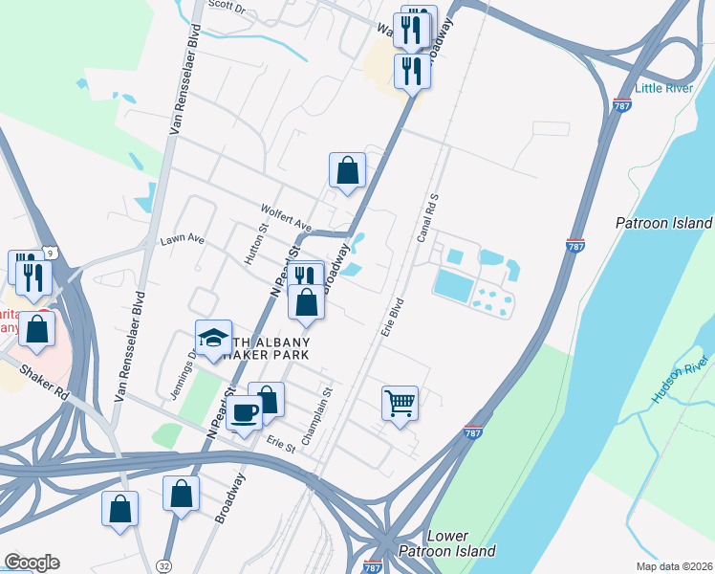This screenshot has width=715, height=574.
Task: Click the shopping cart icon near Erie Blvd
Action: (400, 402)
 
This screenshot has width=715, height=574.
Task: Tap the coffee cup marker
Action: (246, 412)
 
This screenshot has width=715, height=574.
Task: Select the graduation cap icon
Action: (213, 337)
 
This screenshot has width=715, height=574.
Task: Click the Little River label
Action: (664, 88)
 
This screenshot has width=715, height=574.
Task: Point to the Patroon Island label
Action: (664, 223)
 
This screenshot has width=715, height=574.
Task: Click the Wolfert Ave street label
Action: (287, 217)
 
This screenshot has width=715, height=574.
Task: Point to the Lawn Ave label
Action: (183, 238)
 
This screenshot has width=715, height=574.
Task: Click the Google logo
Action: (32, 563)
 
